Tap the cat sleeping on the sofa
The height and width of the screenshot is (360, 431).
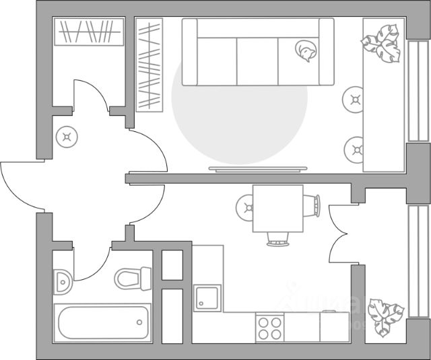(306, 50)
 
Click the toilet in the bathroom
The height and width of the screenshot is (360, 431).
(134, 277)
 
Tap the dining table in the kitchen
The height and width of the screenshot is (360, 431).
(277, 209)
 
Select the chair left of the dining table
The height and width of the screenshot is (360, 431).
(245, 207)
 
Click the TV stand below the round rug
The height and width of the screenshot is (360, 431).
(258, 168)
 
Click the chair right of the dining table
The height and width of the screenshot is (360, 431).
(313, 205)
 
